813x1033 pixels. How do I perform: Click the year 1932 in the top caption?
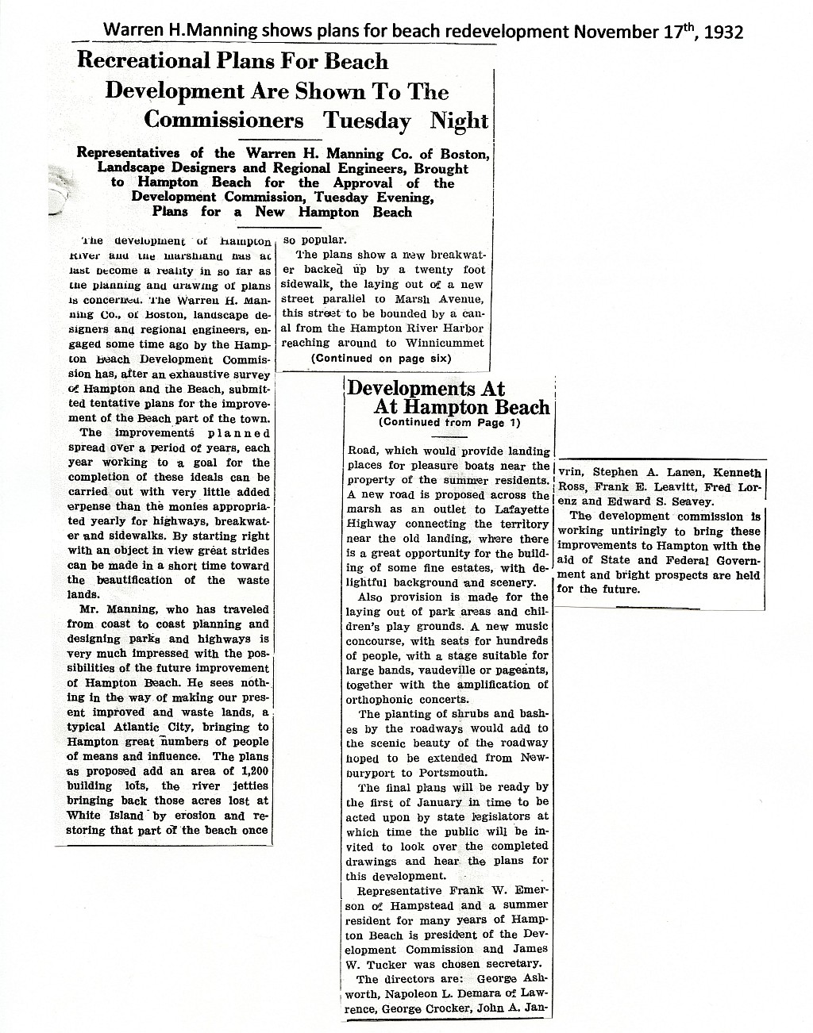tap(721, 32)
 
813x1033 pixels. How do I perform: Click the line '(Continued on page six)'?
tap(381, 358)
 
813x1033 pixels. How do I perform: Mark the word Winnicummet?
tap(446, 344)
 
